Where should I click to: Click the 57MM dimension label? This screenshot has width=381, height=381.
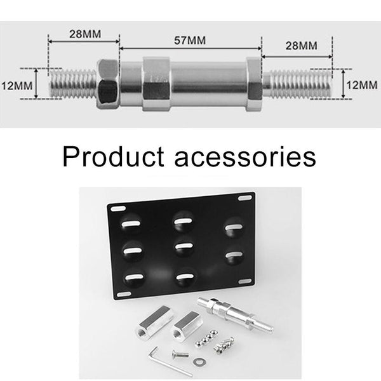tap(190, 41)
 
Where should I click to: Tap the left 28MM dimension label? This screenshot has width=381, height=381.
tap(84, 33)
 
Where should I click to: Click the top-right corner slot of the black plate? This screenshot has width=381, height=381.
tap(244, 199)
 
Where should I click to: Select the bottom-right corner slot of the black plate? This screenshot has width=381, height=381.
tap(244, 280)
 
